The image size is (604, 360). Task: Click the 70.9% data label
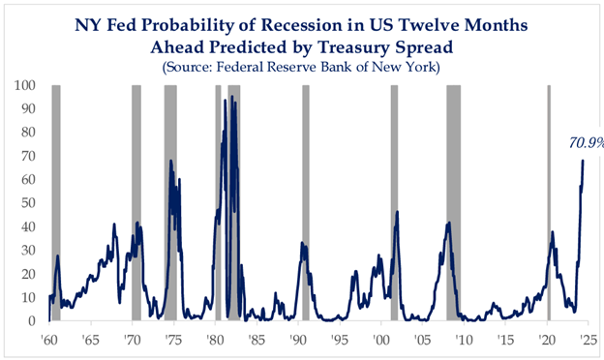587,143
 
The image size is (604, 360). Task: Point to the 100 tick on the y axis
24,85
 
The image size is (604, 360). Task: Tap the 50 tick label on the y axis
28,203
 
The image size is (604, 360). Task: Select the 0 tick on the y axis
32,321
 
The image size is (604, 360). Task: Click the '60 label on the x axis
49,341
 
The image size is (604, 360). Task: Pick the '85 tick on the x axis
257,341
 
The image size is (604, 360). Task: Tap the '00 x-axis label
381,341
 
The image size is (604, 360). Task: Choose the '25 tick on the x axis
589,341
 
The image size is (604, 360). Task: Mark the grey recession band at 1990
306,203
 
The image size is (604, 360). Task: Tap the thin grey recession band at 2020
549,203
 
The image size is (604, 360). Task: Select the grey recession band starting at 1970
136,203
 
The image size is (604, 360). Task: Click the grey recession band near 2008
453,203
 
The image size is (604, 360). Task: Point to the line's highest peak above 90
232,97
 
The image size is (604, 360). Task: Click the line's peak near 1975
170,161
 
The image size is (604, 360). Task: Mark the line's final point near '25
583,161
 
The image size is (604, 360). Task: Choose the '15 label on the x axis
505,341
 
